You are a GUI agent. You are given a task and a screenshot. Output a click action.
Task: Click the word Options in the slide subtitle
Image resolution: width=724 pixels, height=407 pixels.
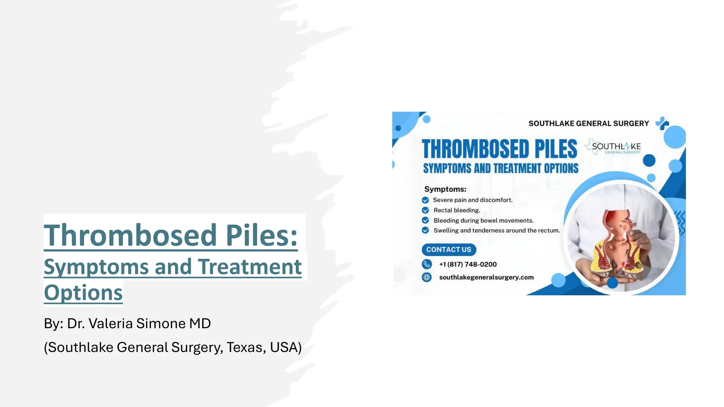(83, 293)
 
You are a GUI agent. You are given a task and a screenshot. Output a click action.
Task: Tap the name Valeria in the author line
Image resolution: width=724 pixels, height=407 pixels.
(110, 323)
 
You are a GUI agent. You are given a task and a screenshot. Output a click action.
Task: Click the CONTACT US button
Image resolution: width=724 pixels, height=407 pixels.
(449, 249)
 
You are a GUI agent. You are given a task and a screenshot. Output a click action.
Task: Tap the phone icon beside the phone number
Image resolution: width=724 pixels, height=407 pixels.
(427, 264)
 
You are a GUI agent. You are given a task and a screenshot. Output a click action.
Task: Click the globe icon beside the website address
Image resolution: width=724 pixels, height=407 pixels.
(427, 277)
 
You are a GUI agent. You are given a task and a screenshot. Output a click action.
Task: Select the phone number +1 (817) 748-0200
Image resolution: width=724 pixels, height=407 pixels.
(468, 264)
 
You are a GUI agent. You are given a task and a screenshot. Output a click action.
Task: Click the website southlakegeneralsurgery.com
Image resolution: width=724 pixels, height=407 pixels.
(486, 277)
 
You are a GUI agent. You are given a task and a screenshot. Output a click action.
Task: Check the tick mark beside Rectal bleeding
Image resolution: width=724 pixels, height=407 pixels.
(425, 210)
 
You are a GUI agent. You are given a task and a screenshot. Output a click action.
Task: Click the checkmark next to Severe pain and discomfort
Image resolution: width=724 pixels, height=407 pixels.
(425, 200)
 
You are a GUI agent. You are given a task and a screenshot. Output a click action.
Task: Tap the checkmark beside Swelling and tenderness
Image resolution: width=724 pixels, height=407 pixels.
(425, 230)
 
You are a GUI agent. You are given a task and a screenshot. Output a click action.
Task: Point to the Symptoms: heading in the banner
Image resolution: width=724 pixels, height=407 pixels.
(445, 189)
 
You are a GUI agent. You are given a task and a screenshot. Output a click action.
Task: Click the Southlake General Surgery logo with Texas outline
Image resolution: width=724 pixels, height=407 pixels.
(613, 147)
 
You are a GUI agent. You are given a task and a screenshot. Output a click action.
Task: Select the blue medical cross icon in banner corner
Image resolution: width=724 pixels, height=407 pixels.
(662, 123)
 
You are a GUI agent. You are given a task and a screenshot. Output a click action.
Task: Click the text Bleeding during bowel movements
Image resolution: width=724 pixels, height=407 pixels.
(483, 220)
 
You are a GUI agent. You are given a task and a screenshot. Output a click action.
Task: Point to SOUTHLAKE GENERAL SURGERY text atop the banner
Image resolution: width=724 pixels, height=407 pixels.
(589, 123)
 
